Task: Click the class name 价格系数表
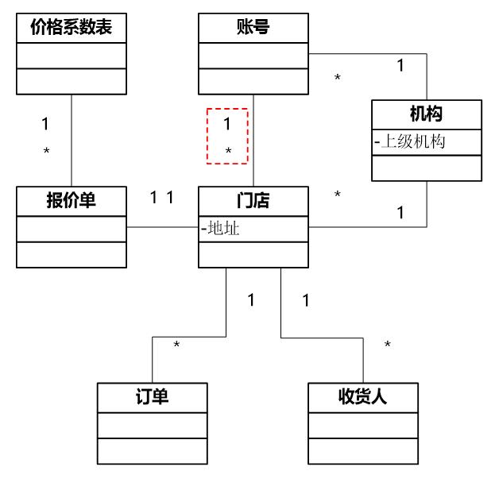point(71,29)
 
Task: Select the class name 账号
point(253,29)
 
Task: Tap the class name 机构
point(427,114)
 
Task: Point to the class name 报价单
point(71,200)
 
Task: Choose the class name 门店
point(253,200)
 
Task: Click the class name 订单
point(152,396)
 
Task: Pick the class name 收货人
point(363,396)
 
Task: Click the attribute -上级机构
point(410,142)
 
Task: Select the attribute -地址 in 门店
point(222,229)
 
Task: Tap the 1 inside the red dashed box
point(226,124)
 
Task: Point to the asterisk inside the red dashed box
point(228,151)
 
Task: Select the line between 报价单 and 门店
point(162,228)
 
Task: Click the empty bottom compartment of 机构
point(427,168)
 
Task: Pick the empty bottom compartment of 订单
point(152,450)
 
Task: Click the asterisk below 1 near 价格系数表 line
point(46,151)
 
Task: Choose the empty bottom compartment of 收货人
point(363,450)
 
